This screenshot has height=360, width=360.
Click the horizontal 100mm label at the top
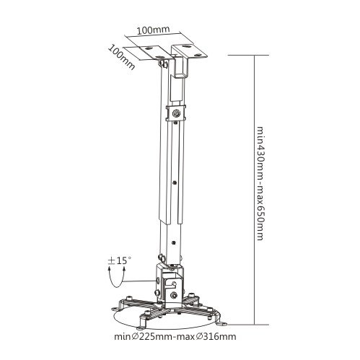click(x=153, y=30)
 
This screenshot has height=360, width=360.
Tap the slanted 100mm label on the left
click(x=121, y=58)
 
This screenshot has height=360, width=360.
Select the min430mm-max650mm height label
click(x=260, y=183)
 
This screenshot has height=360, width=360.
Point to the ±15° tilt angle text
click(x=120, y=260)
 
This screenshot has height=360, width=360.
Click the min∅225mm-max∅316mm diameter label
click(x=175, y=336)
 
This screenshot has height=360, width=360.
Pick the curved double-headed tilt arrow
click(x=117, y=278)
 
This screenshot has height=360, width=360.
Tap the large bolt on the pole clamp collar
click(x=177, y=113)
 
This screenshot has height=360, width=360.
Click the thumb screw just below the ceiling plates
click(x=164, y=63)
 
